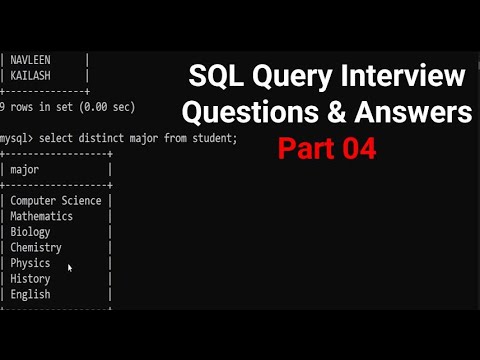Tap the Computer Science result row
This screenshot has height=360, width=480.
click(56, 200)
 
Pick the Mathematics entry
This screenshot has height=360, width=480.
click(42, 216)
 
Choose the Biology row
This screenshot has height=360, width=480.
click(30, 231)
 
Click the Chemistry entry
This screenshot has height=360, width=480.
click(36, 247)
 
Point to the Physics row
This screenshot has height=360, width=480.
click(30, 263)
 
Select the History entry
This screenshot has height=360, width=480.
click(30, 279)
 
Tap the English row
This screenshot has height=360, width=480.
click(30, 295)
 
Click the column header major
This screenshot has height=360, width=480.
click(24, 170)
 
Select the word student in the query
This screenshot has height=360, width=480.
click(212, 138)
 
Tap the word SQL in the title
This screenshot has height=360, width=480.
click(220, 76)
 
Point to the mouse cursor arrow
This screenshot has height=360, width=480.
click(69, 267)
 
